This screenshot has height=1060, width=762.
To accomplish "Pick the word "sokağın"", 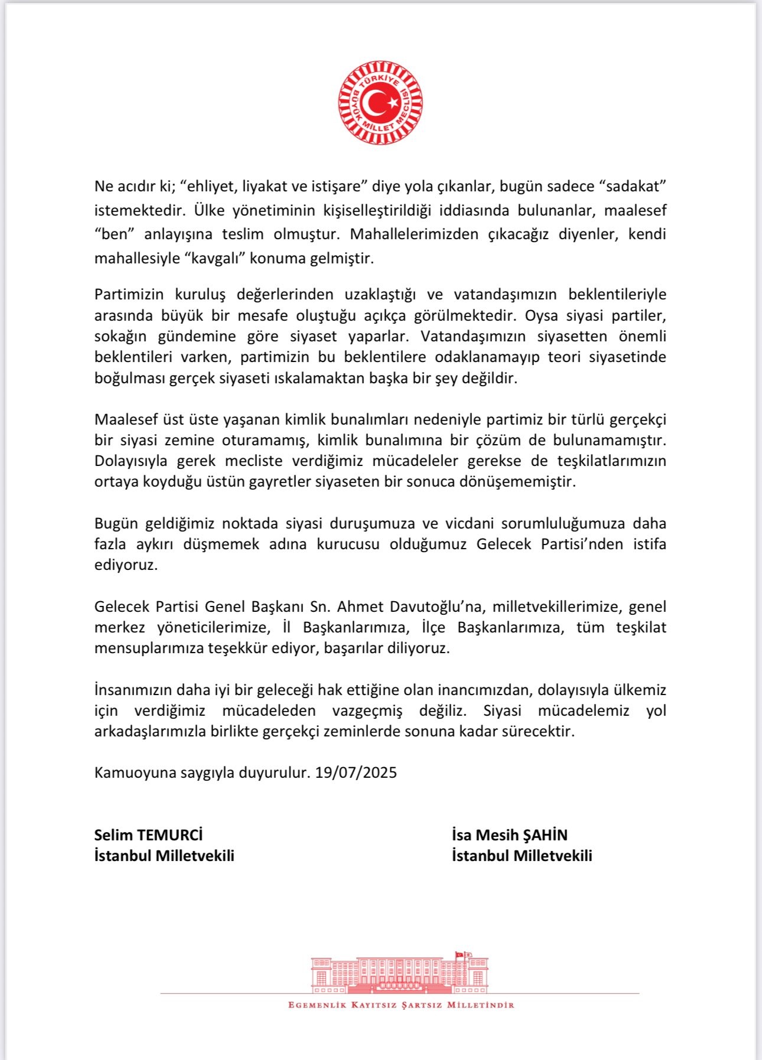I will coord(120,337).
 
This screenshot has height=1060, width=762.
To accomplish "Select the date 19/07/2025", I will coord(356,773).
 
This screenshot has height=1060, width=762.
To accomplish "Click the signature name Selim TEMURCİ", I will coord(148,835).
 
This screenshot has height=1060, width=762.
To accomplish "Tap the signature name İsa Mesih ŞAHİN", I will coord(509,835).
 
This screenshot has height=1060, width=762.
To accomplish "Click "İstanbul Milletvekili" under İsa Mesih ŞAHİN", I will coord(522,856).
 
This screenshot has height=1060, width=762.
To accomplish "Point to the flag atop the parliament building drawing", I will coord(460,955).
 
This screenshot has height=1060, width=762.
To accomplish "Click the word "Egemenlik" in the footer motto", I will coord(317,1005).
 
